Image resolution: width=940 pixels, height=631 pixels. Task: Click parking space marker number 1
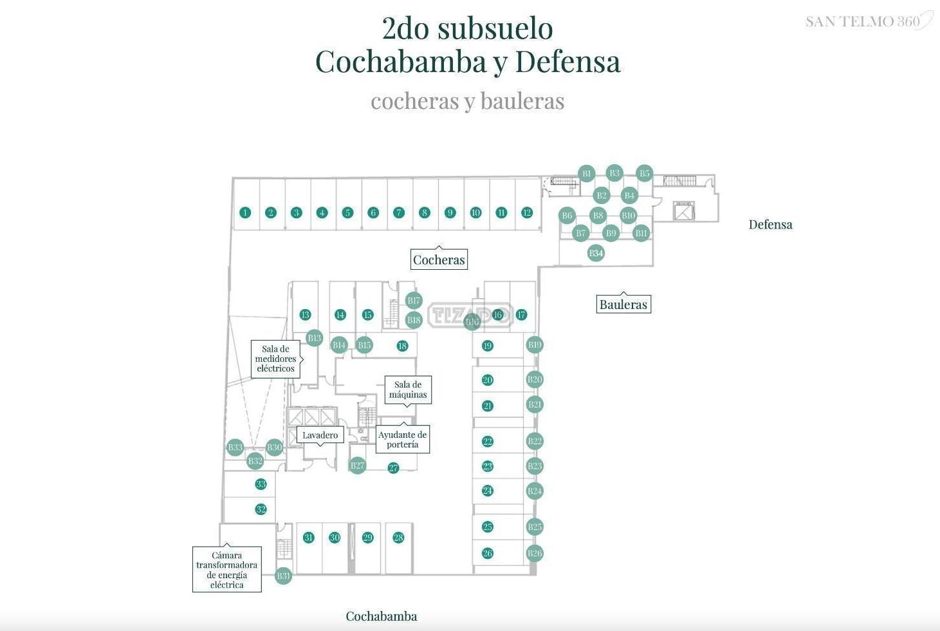(x=245, y=212)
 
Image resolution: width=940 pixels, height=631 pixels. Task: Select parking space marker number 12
(x=527, y=212)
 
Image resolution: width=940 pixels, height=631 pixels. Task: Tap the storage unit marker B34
(x=596, y=253)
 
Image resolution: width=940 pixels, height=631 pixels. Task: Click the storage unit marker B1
(x=586, y=173)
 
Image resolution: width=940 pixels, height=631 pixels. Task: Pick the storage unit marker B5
(x=644, y=173)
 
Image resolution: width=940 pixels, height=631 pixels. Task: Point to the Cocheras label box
(x=439, y=259)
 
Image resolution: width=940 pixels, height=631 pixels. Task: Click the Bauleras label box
(x=623, y=305)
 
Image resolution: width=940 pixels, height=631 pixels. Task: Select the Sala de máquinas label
(x=408, y=390)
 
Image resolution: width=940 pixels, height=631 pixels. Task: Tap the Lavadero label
(x=320, y=435)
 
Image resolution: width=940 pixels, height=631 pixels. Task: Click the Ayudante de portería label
(x=402, y=439)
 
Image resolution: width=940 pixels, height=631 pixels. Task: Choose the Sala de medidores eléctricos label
(x=275, y=359)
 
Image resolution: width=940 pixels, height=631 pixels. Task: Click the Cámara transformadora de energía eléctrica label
(x=226, y=570)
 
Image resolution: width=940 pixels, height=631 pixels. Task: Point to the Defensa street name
(x=770, y=225)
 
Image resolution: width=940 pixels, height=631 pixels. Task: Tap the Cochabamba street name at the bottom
(x=381, y=616)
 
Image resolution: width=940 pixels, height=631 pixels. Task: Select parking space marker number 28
(x=398, y=538)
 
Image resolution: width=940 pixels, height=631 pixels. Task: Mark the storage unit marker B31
(x=283, y=576)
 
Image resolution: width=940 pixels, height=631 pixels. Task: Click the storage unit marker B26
(x=535, y=553)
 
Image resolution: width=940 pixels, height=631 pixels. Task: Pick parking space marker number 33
(x=261, y=484)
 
